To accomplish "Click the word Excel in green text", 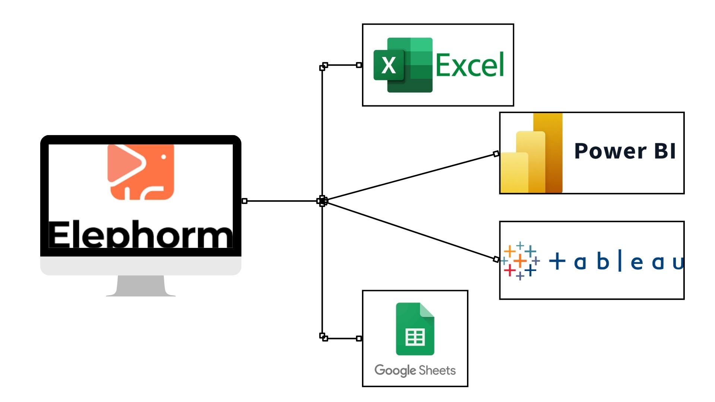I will click(x=470, y=65).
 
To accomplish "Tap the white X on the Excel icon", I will click(x=389, y=66).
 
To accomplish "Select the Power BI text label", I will click(x=625, y=151).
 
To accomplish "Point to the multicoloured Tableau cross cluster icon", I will click(x=520, y=261).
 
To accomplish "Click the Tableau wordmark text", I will click(x=616, y=261).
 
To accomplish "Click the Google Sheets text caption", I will click(x=415, y=370).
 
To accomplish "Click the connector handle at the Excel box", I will click(x=359, y=65).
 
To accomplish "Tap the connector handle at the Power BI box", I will click(x=496, y=154).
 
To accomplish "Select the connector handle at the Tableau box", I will click(x=496, y=259).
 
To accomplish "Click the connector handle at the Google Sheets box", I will click(x=359, y=338).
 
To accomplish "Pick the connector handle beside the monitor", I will click(x=244, y=201).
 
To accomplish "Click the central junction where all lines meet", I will click(x=322, y=201).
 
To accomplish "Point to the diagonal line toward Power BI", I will click(x=410, y=177).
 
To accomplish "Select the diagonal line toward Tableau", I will click(x=410, y=230).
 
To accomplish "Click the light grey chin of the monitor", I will click(x=141, y=266).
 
